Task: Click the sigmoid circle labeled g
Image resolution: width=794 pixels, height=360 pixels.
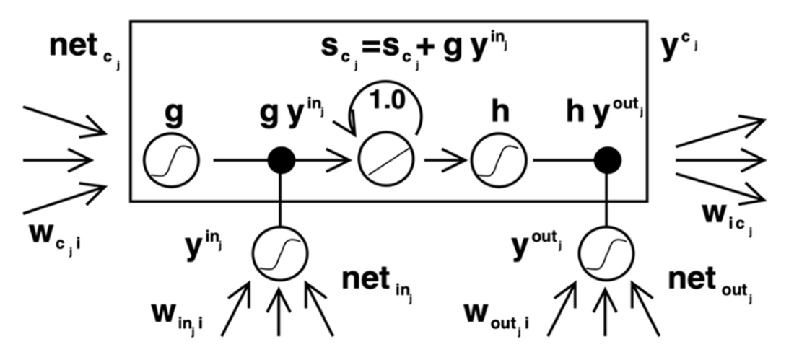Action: (x=171, y=160)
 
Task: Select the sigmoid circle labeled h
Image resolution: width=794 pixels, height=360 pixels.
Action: (x=499, y=160)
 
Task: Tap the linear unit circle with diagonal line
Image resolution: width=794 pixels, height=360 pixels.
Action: (x=386, y=160)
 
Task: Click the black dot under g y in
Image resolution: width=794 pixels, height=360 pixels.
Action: (x=281, y=160)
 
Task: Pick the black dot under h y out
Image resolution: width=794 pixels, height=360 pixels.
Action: (x=607, y=160)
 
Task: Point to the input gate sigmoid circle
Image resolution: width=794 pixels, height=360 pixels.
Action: (x=280, y=253)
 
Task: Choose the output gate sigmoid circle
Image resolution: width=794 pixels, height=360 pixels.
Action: (x=606, y=253)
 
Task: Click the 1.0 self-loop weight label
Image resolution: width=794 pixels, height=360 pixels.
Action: (x=388, y=101)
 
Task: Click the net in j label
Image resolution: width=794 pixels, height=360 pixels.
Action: (x=378, y=283)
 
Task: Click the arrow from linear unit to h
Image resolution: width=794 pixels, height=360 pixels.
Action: (x=445, y=160)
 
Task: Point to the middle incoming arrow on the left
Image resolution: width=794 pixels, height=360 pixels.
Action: (x=58, y=160)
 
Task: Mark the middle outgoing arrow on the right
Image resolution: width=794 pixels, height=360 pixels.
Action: (x=720, y=160)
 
